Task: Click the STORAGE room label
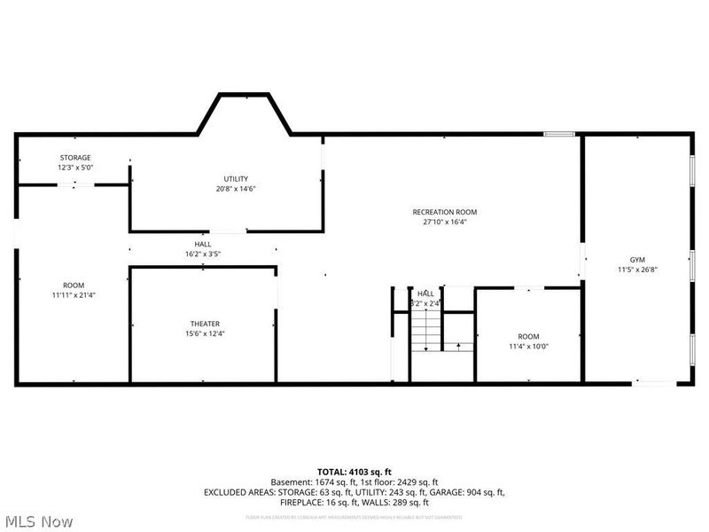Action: point(74,158)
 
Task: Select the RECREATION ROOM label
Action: point(445,212)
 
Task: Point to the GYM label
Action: point(637,259)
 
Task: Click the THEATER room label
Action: point(205,324)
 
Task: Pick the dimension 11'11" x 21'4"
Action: point(74,294)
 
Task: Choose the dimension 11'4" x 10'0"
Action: point(528,347)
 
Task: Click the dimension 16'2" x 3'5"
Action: point(203,254)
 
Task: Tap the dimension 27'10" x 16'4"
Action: point(445,223)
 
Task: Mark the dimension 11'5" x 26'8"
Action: point(637,270)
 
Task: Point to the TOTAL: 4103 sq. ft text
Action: point(354,471)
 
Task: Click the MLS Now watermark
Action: point(38,521)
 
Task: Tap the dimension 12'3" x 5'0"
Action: point(74,168)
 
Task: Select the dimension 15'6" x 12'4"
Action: point(205,333)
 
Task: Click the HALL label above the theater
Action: point(203,245)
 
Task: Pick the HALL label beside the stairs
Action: point(426,293)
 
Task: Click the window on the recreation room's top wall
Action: point(558,134)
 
